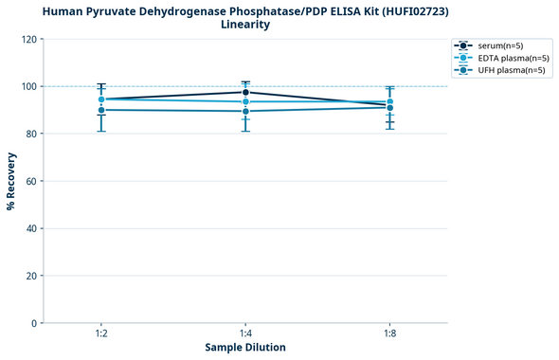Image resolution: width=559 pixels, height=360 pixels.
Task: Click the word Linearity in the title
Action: [245, 25]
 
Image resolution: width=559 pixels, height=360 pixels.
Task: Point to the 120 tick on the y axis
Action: [29, 40]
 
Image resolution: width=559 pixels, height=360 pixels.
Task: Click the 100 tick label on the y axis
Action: [29, 87]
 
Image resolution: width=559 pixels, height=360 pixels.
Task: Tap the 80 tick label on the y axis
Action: [32, 135]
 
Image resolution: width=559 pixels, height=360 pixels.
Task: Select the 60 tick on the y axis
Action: [32, 181]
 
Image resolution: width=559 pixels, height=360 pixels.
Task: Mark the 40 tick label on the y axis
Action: [32, 228]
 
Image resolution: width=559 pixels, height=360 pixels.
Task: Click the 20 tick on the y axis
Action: [32, 276]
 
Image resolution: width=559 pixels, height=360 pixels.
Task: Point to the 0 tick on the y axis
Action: [35, 323]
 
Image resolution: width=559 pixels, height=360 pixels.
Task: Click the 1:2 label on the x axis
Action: [101, 334]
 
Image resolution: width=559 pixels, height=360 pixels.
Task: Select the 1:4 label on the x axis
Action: [245, 334]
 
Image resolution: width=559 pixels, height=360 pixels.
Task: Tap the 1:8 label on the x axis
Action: [389, 334]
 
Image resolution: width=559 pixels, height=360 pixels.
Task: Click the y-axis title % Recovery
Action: [11, 181]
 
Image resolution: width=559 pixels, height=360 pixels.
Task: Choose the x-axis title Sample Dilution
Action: [245, 348]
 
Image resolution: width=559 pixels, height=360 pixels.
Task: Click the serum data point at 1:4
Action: [245, 92]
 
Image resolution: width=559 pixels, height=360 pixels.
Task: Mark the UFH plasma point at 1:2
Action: [101, 110]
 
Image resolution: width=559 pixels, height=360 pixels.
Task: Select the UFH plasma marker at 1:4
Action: [245, 112]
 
